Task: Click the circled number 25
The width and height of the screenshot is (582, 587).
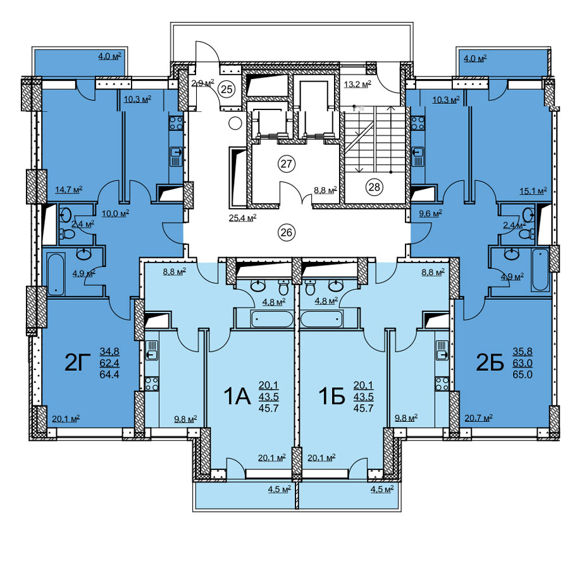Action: (x=226, y=89)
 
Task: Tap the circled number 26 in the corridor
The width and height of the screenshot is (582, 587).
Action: (x=286, y=233)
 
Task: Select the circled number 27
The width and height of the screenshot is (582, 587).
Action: (x=287, y=164)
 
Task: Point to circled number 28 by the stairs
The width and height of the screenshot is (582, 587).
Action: (x=374, y=187)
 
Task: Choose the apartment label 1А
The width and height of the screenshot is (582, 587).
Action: (x=237, y=397)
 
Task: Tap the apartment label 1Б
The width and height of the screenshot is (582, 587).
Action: (x=331, y=397)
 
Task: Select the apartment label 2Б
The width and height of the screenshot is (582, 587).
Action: (x=490, y=362)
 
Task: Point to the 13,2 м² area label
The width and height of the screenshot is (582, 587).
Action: (x=357, y=84)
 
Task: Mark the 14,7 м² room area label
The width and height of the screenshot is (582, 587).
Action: (x=69, y=189)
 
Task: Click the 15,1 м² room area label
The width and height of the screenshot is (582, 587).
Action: (x=533, y=191)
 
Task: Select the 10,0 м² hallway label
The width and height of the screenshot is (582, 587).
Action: (x=115, y=213)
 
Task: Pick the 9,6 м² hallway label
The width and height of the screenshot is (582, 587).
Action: (x=430, y=214)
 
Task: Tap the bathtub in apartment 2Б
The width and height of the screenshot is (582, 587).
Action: (x=540, y=269)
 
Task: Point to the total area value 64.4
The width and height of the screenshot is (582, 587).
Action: (x=109, y=374)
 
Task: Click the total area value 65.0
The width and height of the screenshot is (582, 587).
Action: (x=523, y=374)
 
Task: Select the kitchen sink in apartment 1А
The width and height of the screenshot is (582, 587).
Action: (x=151, y=350)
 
